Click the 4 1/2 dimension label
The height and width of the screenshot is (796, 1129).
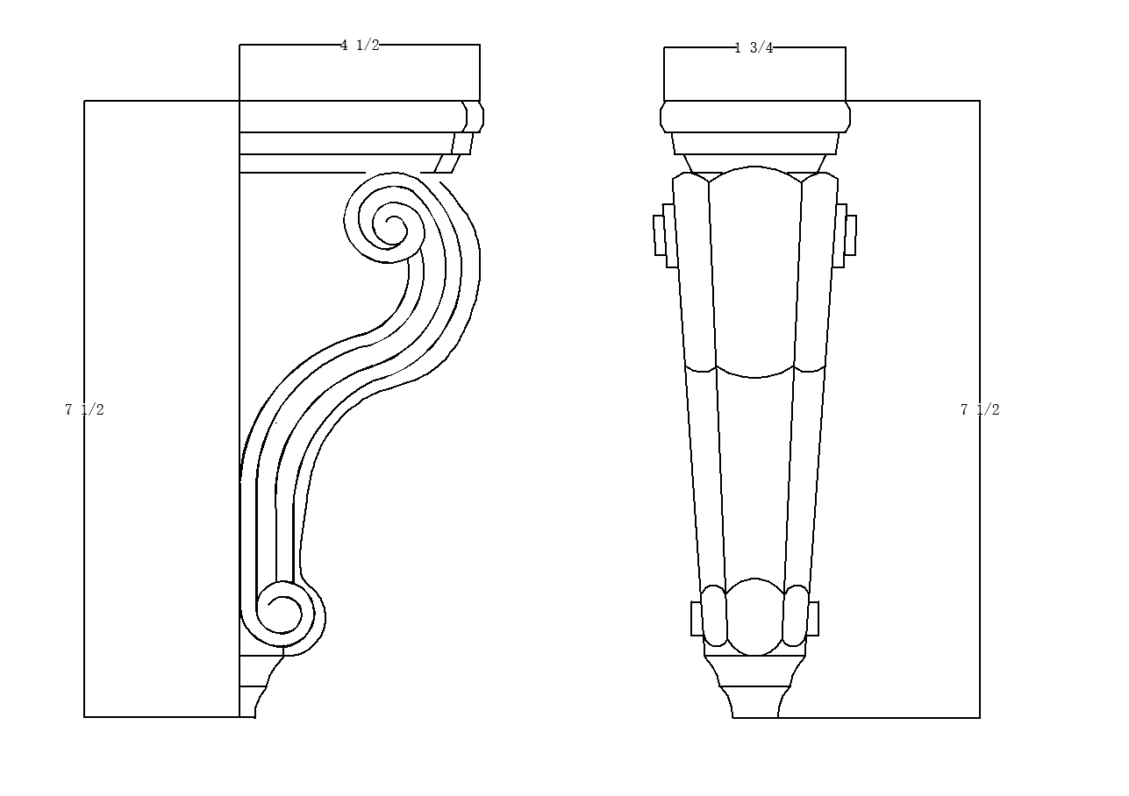pyautogui.click(x=360, y=46)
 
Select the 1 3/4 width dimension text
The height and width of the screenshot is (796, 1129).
pyautogui.click(x=754, y=48)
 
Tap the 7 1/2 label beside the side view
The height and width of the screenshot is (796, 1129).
pyautogui.click(x=84, y=409)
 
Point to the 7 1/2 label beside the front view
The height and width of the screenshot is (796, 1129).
pyautogui.click(x=980, y=409)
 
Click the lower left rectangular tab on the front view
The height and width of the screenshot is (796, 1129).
pyautogui.click(x=697, y=618)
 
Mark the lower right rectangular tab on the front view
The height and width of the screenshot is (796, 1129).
pyautogui.click(x=813, y=618)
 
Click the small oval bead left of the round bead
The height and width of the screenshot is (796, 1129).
pyautogui.click(x=714, y=615)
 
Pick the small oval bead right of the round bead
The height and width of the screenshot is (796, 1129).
pyautogui.click(x=797, y=615)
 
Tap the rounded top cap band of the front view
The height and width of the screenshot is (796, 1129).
pyautogui.click(x=755, y=117)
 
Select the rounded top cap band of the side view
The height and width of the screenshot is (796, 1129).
pyautogui.click(x=360, y=117)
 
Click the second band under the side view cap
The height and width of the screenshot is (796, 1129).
pyautogui.click(x=351, y=144)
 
